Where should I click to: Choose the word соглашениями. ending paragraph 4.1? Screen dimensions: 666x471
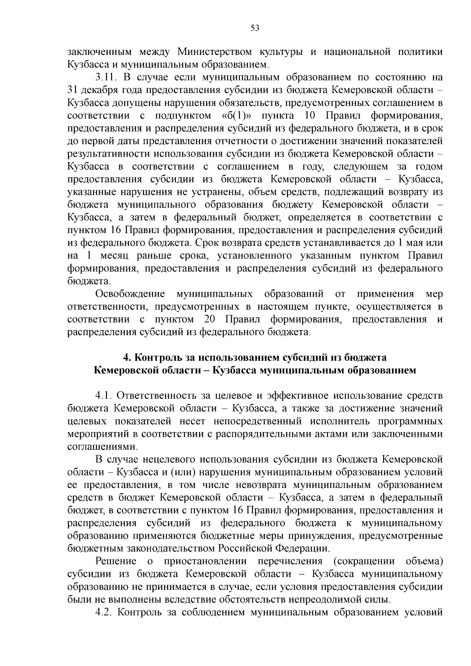pyautogui.click(x=92, y=447)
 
